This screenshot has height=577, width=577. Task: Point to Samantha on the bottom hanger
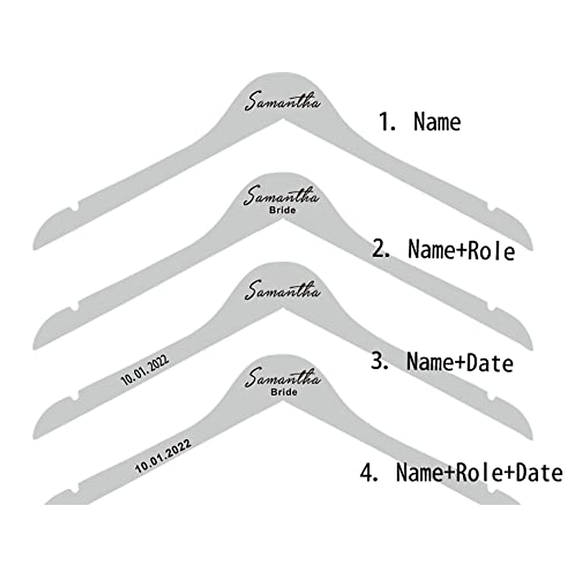tap(283, 378)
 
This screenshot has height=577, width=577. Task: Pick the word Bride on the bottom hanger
tap(284, 392)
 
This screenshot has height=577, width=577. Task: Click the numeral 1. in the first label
tap(388, 123)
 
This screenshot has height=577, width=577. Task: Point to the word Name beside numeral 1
tap(437, 122)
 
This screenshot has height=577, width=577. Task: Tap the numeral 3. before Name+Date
tap(380, 362)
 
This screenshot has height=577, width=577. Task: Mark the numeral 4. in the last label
tap(369, 473)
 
